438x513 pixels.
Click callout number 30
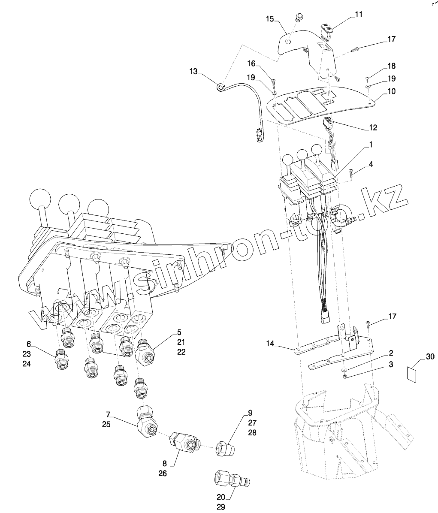click(430, 356)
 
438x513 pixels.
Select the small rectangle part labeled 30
click(411, 374)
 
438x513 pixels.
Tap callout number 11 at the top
click(359, 15)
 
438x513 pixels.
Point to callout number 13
click(193, 71)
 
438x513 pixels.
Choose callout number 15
click(269, 18)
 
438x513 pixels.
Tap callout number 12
click(373, 127)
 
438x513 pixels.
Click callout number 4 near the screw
click(371, 164)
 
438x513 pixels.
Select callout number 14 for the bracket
click(270, 344)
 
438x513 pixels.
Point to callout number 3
click(391, 364)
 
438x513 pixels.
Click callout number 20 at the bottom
click(221, 497)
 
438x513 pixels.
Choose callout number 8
click(165, 463)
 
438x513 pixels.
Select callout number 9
click(250, 413)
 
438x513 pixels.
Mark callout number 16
click(251, 63)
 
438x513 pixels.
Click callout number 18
click(392, 66)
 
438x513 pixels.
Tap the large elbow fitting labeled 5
click(145, 352)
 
